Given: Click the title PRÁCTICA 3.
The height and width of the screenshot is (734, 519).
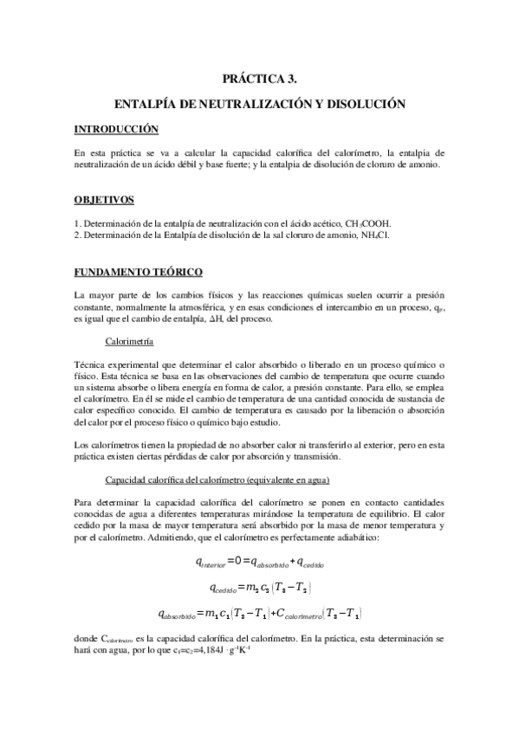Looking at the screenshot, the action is coord(259,78).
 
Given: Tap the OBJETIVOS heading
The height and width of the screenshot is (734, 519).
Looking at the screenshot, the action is coord(104,201).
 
